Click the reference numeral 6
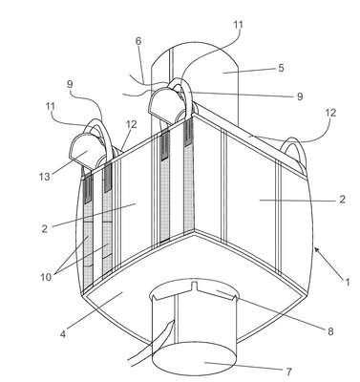(138, 41)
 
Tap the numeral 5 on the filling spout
(281, 68)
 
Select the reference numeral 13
(45, 176)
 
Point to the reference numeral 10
(46, 277)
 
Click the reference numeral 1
(348, 282)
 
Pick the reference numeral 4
(63, 334)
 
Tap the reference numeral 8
(330, 331)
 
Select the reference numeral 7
(288, 371)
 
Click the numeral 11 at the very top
(238, 25)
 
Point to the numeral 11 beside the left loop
(50, 107)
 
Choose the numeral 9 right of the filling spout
(300, 96)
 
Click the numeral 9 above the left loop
(70, 84)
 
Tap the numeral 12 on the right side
(330, 113)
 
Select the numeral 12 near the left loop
(131, 124)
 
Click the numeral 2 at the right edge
(342, 200)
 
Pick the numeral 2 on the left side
(45, 228)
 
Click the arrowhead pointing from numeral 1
(317, 250)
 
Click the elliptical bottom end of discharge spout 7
(195, 360)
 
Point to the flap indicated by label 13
(84, 152)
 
